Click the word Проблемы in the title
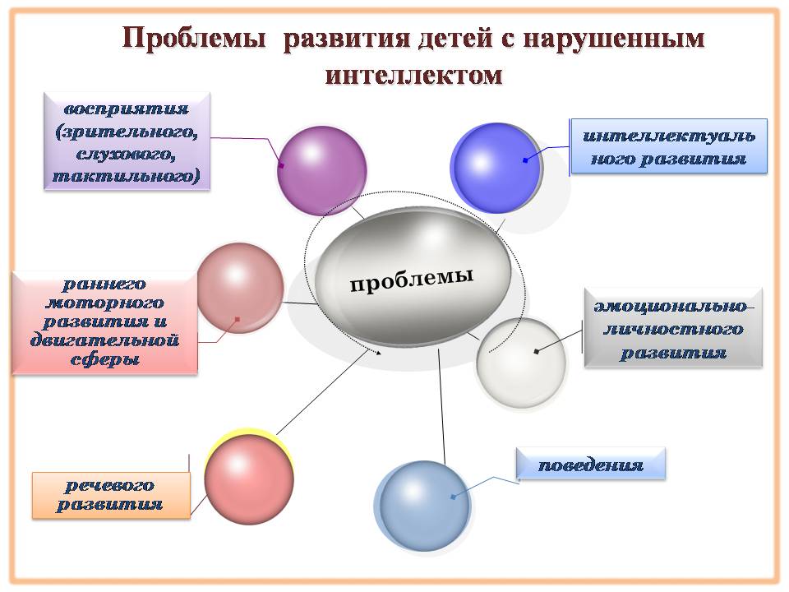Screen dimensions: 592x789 pos(195,39)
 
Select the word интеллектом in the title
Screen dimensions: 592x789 pos(413,75)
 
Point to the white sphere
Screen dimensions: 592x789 pos(522,361)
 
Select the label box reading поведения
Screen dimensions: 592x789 pos(590,465)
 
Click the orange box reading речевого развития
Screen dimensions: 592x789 pos(110,494)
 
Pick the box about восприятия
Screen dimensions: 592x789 pos(126,141)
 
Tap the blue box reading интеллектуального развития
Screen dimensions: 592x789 pos(668,146)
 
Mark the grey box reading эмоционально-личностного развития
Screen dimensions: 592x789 pos(673,326)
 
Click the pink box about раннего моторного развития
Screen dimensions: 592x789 pos(104,322)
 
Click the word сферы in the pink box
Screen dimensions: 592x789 pos(104,358)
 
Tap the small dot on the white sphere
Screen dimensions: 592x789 pos(537,351)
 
